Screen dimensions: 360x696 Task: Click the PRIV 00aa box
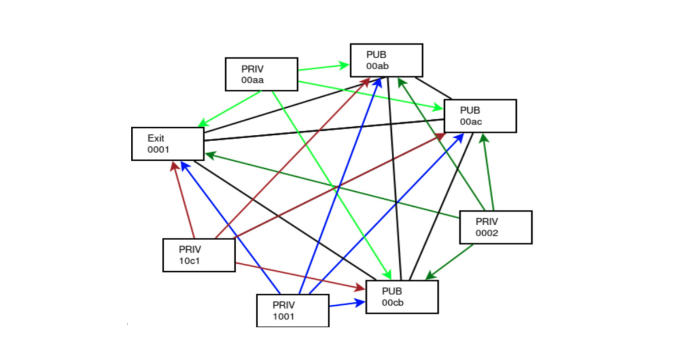[261, 74]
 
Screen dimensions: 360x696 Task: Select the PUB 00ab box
[387, 60]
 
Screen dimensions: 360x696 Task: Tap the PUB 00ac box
[479, 116]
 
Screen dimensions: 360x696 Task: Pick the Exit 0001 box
[167, 143]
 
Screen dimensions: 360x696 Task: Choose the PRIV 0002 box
[495, 227]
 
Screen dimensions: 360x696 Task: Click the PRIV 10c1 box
[199, 255]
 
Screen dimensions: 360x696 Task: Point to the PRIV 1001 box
[292, 310]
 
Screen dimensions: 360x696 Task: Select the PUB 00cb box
[402, 297]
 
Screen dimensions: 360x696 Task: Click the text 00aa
[253, 80]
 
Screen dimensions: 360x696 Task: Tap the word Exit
[156, 138]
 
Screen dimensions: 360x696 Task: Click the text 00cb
[392, 303]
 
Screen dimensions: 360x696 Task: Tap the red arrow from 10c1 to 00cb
[300, 275]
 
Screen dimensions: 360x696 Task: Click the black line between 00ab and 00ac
[433, 87]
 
